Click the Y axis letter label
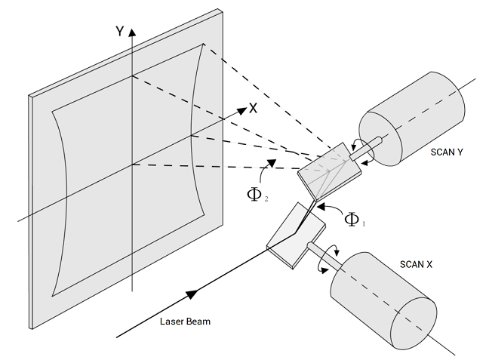pyautogui.click(x=120, y=32)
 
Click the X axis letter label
pyautogui.click(x=253, y=108)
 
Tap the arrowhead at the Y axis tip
pyautogui.click(x=133, y=32)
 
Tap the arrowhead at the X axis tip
pyautogui.click(x=242, y=111)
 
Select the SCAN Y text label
pyautogui.click(x=447, y=152)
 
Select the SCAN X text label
pyautogui.click(x=416, y=265)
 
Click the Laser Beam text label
pyautogui.click(x=185, y=322)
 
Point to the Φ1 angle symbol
pyautogui.click(x=355, y=220)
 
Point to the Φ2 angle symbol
pyautogui.click(x=257, y=195)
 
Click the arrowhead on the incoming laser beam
pyautogui.click(x=192, y=294)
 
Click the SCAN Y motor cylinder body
pyautogui.click(x=412, y=118)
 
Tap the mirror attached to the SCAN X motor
pyautogui.click(x=296, y=235)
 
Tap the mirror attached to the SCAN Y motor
pyautogui.click(x=329, y=171)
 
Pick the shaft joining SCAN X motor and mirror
pyautogui.click(x=324, y=254)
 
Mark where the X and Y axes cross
pyautogui.click(x=133, y=165)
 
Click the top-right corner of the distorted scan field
pyautogui.click(x=203, y=44)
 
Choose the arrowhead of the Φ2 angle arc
pyautogui.click(x=272, y=163)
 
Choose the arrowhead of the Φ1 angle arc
pyautogui.click(x=321, y=206)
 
